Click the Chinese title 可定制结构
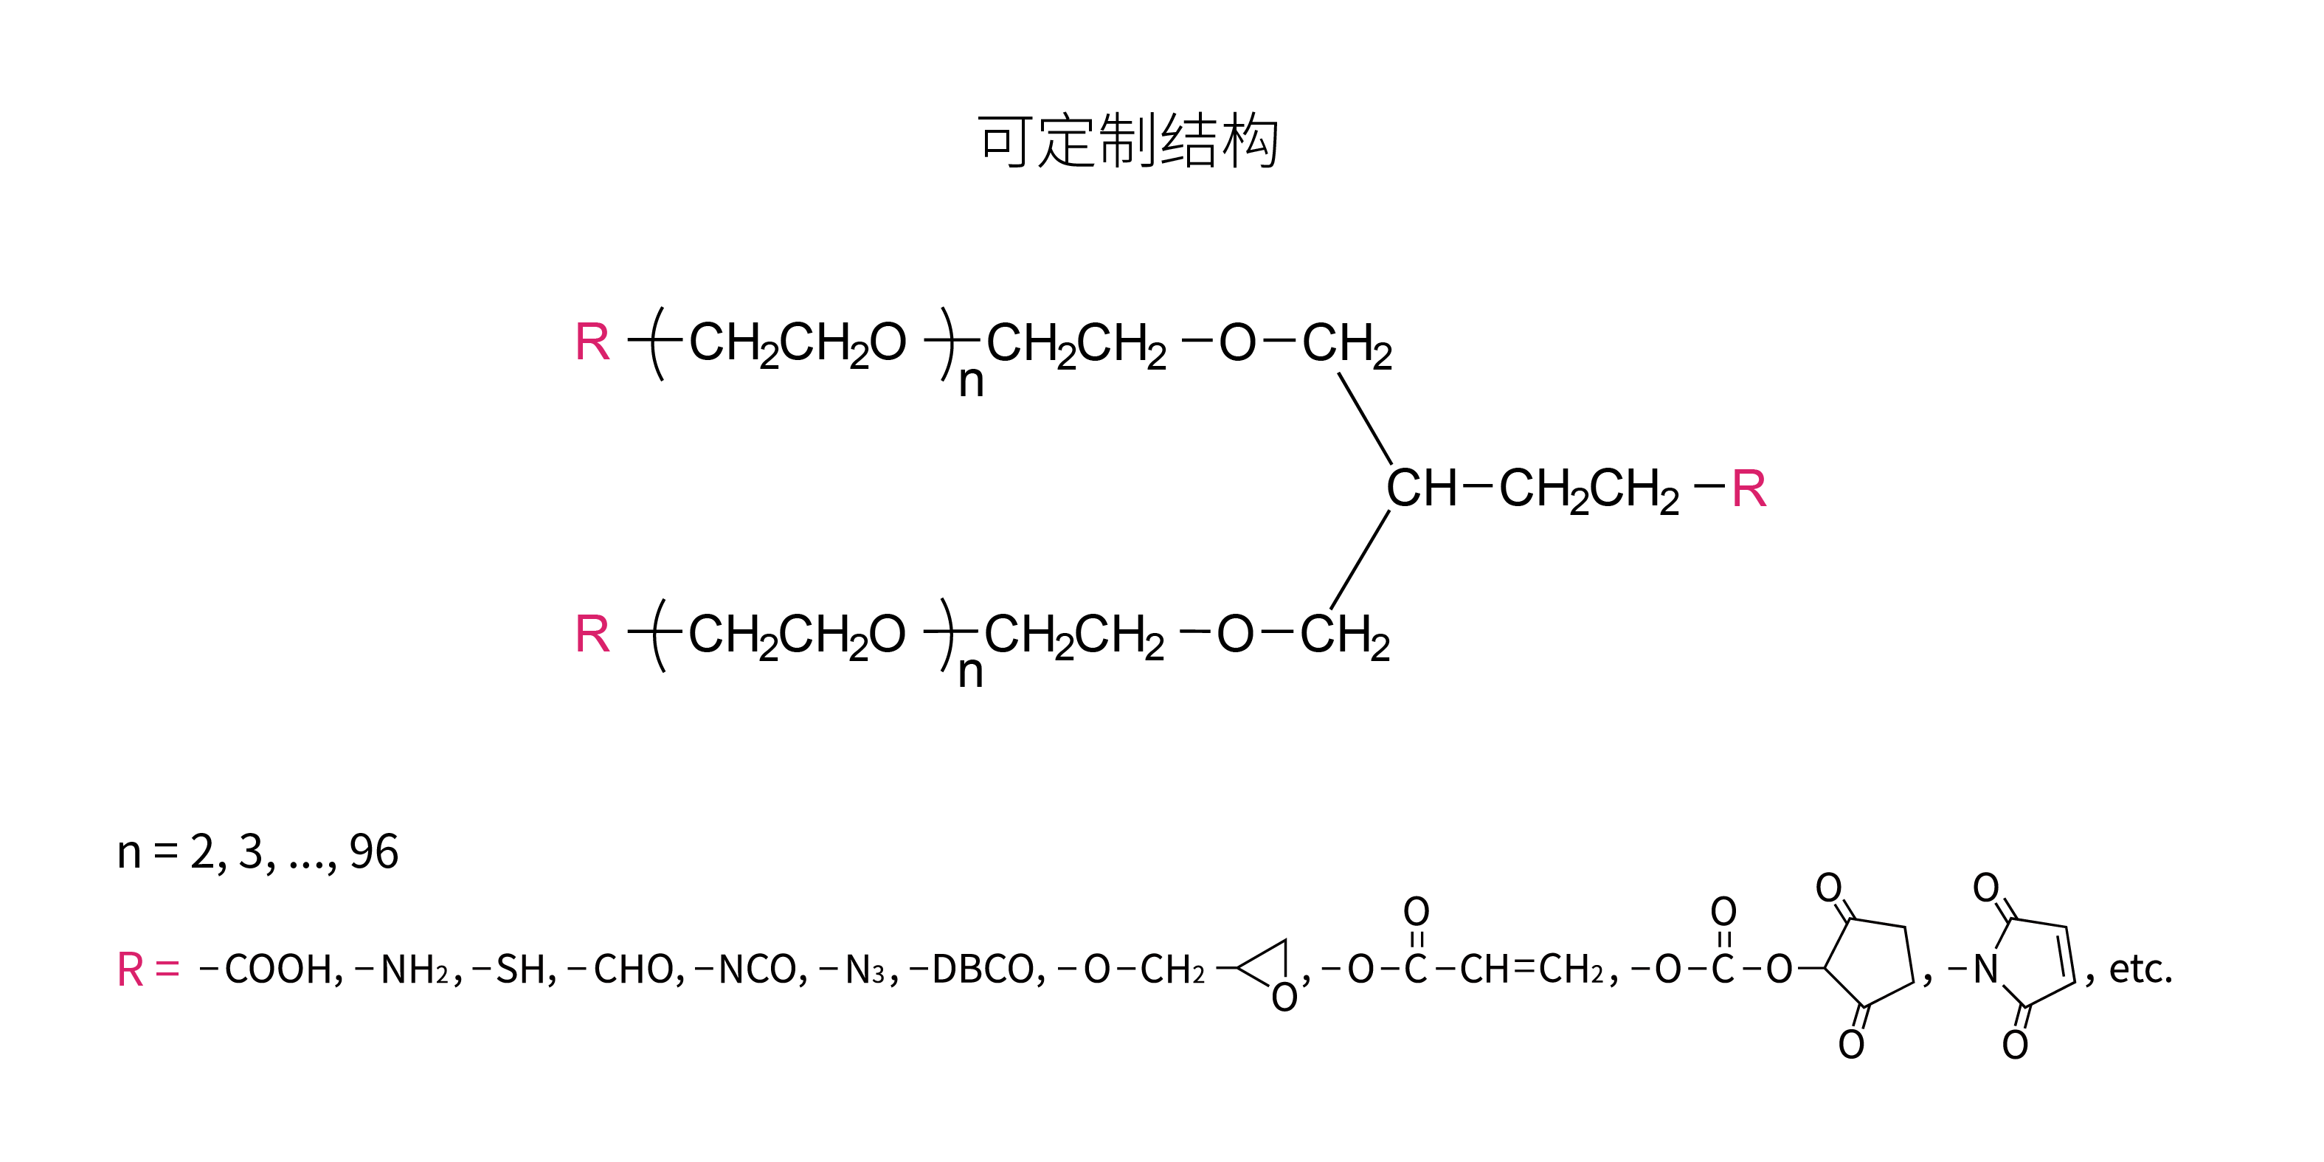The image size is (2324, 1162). [1128, 141]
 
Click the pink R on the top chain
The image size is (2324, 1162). [592, 342]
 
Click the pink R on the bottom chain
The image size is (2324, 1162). [592, 634]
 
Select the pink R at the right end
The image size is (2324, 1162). [1749, 489]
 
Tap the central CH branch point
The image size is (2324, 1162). [1422, 488]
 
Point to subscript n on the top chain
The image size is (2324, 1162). [971, 381]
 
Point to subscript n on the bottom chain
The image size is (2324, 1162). [970, 672]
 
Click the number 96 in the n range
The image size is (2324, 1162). [373, 851]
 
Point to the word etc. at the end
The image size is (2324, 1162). [2140, 970]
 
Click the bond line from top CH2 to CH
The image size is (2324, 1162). [1365, 418]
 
